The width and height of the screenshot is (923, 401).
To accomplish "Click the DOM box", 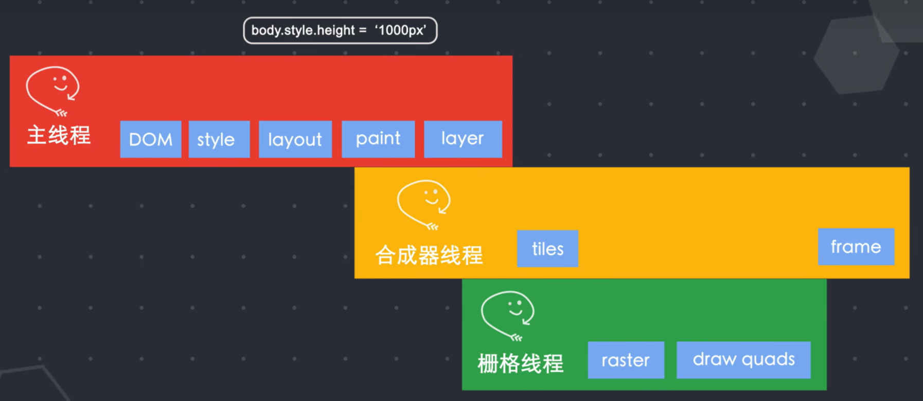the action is [x=151, y=139].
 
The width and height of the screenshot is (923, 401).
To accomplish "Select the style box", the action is [x=219, y=139].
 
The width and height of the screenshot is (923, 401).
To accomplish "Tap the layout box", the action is [x=295, y=139].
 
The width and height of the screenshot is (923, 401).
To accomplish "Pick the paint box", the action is [x=378, y=139].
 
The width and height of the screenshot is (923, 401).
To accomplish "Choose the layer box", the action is [x=463, y=139].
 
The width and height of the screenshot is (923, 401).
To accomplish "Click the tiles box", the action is [x=547, y=249].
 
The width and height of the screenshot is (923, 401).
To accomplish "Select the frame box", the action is [x=856, y=247].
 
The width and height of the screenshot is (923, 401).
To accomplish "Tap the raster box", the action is [x=626, y=360].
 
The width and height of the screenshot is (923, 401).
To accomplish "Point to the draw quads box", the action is [x=743, y=360].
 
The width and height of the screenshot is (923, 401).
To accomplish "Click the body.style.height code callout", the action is [x=340, y=30].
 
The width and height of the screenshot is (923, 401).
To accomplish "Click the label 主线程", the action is [x=59, y=135].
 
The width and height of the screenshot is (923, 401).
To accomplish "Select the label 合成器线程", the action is [x=429, y=255].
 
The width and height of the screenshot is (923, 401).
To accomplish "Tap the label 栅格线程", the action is [x=521, y=363].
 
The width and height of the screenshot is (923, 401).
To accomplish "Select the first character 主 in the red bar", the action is [x=37, y=135].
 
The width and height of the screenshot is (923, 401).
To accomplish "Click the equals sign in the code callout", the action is [x=363, y=30].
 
